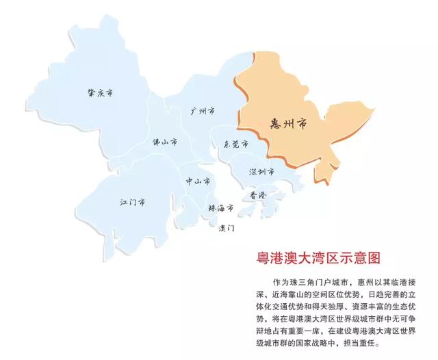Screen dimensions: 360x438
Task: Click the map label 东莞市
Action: [x=235, y=144]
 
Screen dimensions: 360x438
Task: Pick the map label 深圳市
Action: [x=261, y=170]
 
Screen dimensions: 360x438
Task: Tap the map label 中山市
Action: [x=197, y=181]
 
